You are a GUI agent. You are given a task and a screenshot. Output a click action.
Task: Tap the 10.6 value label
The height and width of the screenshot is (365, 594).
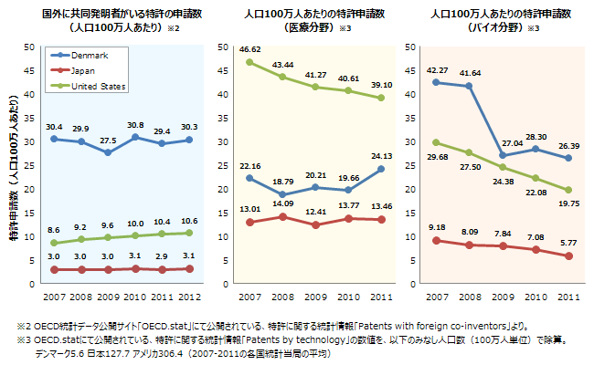coord(190,221)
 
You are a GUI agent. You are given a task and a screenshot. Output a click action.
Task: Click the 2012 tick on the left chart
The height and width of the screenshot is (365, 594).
coord(190,297)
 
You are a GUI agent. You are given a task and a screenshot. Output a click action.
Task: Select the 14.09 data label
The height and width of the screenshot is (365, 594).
coord(281,203)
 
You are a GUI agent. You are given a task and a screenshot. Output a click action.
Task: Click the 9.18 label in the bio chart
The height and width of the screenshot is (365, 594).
coord(437,226)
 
